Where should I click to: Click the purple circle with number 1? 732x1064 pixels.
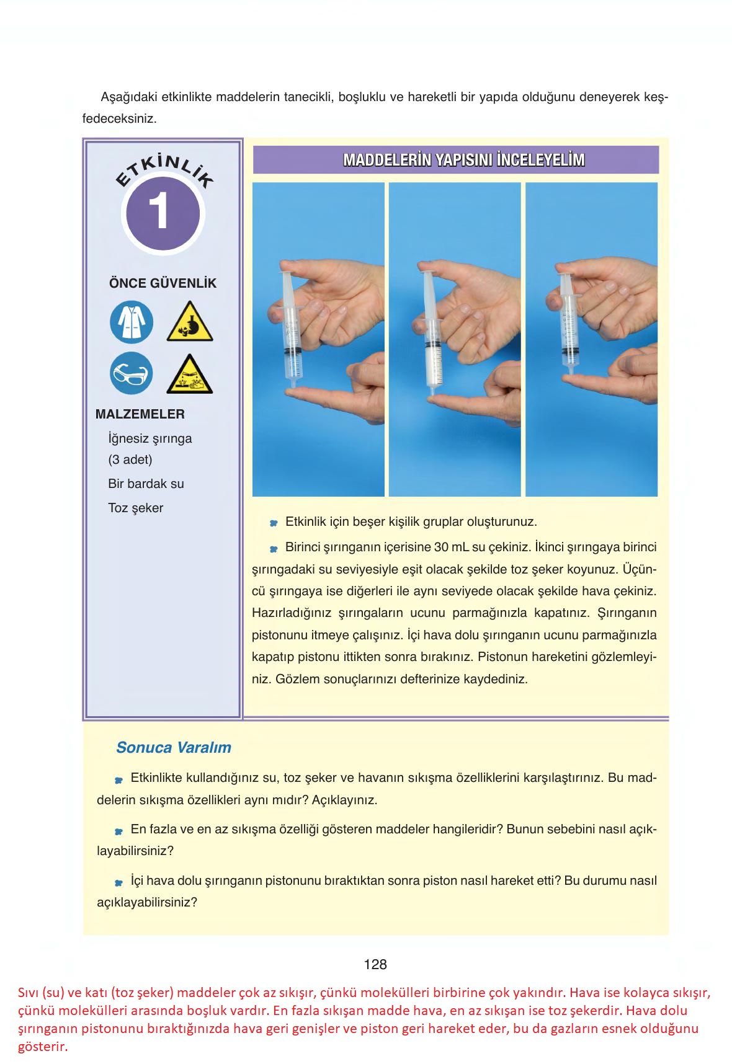[x=163, y=213]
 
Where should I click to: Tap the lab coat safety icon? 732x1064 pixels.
[x=132, y=321]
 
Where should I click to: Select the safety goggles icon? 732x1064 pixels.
[x=132, y=373]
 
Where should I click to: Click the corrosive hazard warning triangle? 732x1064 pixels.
[x=190, y=376]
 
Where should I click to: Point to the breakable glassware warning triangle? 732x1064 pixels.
[x=190, y=323]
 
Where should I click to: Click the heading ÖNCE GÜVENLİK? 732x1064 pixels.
[x=163, y=283]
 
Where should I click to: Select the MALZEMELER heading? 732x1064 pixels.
[x=140, y=414]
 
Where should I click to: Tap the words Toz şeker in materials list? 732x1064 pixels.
[x=135, y=508]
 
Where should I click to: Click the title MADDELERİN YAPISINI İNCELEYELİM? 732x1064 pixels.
[x=463, y=160]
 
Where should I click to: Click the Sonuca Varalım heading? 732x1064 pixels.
[x=174, y=747]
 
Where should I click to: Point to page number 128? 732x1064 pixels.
[x=375, y=964]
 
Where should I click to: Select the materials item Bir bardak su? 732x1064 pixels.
[x=146, y=484]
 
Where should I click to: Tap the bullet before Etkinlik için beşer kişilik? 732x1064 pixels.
[x=273, y=524]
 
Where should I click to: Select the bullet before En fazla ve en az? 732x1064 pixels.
[x=118, y=831]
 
